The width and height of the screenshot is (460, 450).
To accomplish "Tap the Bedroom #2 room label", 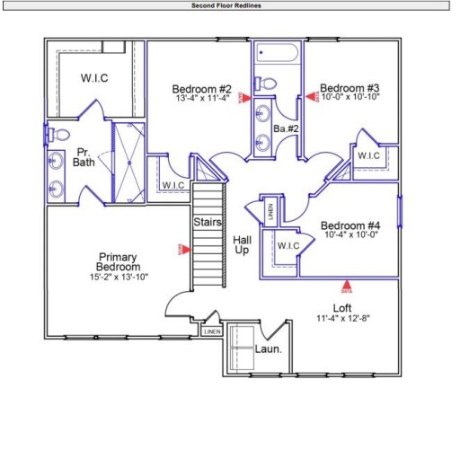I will pos(202,89).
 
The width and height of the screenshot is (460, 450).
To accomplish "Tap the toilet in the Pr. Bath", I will pos(59,135).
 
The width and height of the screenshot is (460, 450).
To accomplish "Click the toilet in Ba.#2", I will pos(266,84).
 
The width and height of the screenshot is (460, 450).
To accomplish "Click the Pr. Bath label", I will pos(84,158).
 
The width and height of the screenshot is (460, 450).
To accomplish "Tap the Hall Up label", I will pos(243,245).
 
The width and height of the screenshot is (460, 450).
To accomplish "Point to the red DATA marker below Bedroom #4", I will pos(346,288).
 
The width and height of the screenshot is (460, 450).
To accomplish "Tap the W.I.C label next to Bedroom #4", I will pos(287,245).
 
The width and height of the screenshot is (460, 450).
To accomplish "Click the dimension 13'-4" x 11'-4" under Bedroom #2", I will pos(203,99).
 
